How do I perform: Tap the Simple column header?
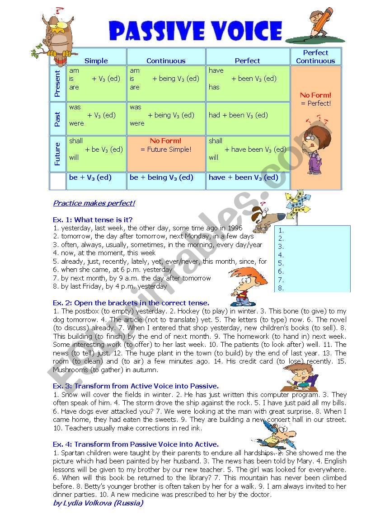point(96,61)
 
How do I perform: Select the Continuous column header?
point(166,61)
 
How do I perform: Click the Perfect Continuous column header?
point(315,56)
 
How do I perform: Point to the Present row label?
point(57,84)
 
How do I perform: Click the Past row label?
point(57,119)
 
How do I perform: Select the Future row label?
point(57,154)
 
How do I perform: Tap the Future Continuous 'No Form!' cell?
point(166,145)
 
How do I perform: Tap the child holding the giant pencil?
point(319,23)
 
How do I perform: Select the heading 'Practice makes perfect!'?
point(94,203)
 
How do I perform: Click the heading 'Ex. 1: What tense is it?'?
point(93,220)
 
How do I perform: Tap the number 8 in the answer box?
point(281,288)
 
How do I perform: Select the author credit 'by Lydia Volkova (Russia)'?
point(98,503)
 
